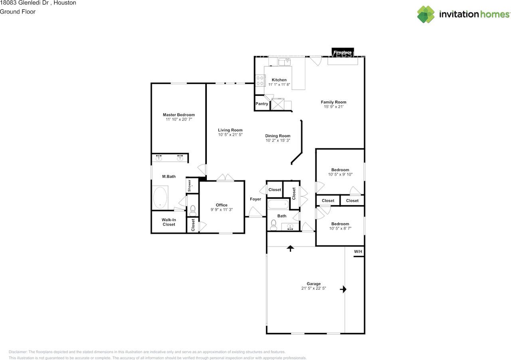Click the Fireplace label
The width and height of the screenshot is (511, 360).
pyautogui.click(x=343, y=52)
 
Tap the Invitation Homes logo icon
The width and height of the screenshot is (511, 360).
pyautogui.click(x=426, y=14)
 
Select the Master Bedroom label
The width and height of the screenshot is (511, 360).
pyautogui.click(x=178, y=115)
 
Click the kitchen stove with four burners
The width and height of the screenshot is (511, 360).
pyautogui.click(x=260, y=81)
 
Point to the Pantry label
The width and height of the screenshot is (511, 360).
pyautogui.click(x=262, y=104)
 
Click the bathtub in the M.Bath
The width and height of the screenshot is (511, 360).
pyautogui.click(x=160, y=198)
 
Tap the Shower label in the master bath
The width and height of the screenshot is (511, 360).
pyautogui.click(x=190, y=186)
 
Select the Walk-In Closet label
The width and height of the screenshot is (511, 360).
pyautogui.click(x=169, y=222)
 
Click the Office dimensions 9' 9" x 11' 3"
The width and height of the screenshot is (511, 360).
pyautogui.click(x=222, y=210)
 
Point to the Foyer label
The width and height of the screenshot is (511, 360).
pyautogui.click(x=255, y=199)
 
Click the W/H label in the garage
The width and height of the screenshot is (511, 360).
pyautogui.click(x=358, y=251)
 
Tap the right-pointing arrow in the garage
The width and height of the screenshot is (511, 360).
pyautogui.click(x=343, y=289)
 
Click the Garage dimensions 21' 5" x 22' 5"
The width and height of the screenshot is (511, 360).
pyautogui.click(x=314, y=288)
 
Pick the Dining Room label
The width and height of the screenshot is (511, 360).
pyautogui.click(x=278, y=136)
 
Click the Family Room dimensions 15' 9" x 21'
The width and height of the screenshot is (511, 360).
pyautogui.click(x=333, y=107)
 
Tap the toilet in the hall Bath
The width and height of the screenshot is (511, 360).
pyautogui.click(x=273, y=225)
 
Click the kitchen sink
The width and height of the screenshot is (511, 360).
pyautogui.click(x=285, y=61)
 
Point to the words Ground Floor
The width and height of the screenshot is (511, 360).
pyautogui.click(x=18, y=12)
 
